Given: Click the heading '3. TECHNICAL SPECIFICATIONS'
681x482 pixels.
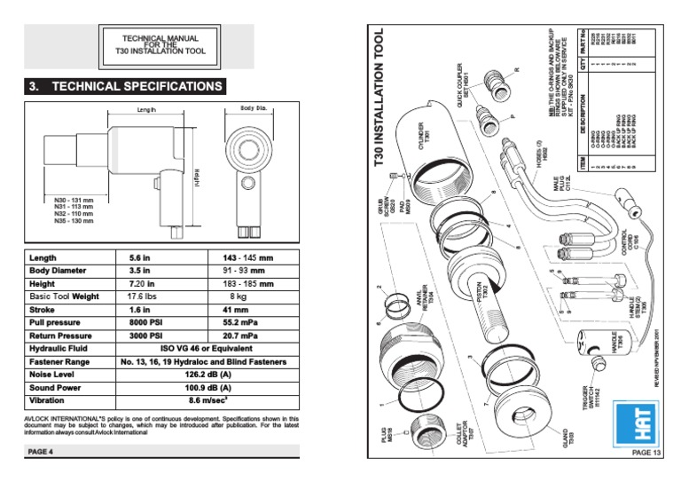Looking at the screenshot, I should click(126, 86).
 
